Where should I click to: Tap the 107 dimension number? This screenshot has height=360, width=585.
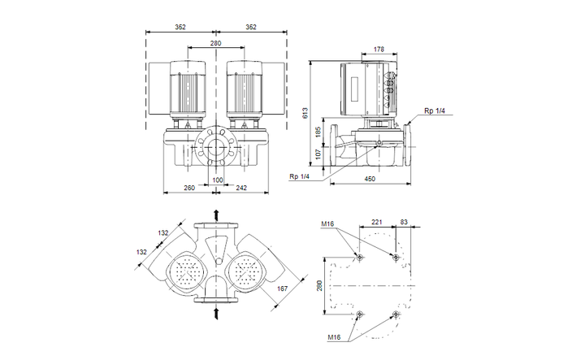tap(318, 152)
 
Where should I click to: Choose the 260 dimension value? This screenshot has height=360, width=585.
tap(189, 188)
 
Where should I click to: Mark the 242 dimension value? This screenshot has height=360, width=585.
tap(241, 188)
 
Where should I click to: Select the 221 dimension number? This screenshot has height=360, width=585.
tap(377, 222)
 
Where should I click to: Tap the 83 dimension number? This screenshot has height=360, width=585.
tap(405, 222)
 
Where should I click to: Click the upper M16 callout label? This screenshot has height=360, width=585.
tap(327, 223)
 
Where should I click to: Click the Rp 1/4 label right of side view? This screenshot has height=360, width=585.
tap(433, 111)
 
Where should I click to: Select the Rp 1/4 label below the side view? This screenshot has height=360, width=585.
tap(298, 176)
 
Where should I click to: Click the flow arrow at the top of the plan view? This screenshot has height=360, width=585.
tap(217, 214)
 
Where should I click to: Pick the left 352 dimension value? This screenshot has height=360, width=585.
tap(180, 27)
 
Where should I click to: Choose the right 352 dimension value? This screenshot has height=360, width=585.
tap(251, 27)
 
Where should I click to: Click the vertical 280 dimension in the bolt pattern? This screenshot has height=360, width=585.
tap(320, 285)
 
